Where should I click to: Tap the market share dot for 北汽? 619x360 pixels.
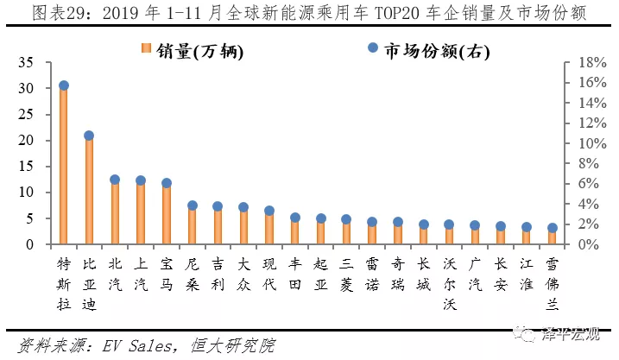[x=115, y=180]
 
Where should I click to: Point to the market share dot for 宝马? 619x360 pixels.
[x=167, y=183]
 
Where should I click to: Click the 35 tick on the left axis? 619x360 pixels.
[x=25, y=63]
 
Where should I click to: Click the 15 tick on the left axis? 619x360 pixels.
[x=25, y=167]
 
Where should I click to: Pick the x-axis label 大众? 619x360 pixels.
[x=243, y=274]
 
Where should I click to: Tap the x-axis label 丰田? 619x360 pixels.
[x=295, y=274]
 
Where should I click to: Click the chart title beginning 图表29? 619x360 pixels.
[x=309, y=12]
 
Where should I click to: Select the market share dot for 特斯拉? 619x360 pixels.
[x=64, y=85]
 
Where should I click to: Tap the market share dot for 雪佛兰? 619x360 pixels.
[x=553, y=228]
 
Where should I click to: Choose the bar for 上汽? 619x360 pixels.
[x=141, y=214]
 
